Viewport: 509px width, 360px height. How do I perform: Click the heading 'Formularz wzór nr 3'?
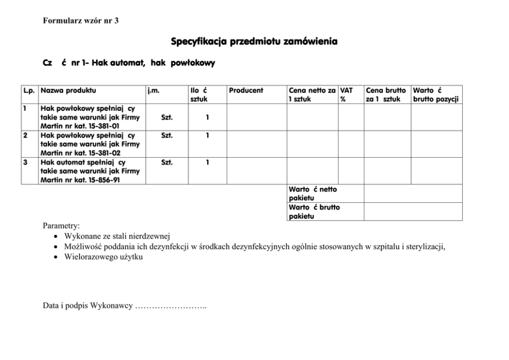point(81,21)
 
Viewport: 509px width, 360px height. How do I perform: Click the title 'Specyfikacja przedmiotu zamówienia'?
point(254,41)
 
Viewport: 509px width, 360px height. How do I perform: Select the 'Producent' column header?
point(246,90)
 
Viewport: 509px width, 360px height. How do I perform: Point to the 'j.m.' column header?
point(153,90)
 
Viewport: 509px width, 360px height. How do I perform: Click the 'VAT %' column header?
point(346,94)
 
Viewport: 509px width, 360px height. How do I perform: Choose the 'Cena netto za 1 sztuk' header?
point(312,94)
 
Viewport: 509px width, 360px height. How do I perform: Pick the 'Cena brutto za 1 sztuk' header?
point(385,94)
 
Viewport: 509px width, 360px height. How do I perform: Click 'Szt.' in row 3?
point(167,163)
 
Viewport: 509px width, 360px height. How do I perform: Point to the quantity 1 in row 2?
point(207,136)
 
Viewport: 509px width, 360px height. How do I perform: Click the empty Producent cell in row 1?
point(256,118)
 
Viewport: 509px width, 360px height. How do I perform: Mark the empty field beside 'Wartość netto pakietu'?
point(413,194)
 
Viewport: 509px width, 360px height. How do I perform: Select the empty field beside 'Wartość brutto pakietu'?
point(413,212)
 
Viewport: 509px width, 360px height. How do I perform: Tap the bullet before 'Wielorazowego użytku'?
point(55,258)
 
